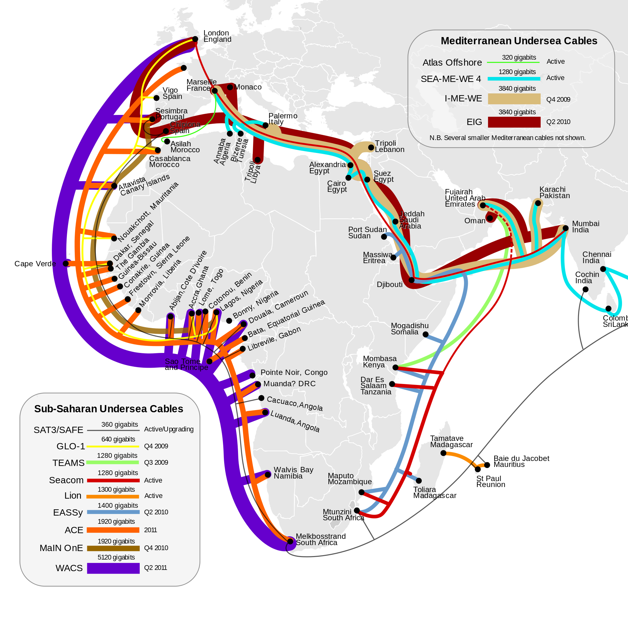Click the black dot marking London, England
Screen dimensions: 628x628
pyautogui.click(x=195, y=39)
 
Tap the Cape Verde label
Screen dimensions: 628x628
pyautogui.click(x=35, y=264)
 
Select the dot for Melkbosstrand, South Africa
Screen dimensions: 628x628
pyautogui.click(x=290, y=541)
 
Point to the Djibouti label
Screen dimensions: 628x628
pyautogui.click(x=389, y=285)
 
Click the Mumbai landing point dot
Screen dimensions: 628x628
pyautogui.click(x=566, y=228)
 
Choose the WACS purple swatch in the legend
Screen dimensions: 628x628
pyautogui.click(x=113, y=568)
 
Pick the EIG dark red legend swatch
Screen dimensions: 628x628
pyautogui.click(x=514, y=122)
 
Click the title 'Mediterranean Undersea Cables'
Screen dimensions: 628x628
pyautogui.click(x=519, y=41)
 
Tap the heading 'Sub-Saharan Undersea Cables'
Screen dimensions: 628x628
pyautogui.click(x=109, y=409)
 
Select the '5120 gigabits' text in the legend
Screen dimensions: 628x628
pyautogui.click(x=116, y=557)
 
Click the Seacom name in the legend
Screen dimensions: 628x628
pyautogui.click(x=66, y=480)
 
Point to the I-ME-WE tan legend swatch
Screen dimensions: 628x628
pyautogui.click(x=514, y=99)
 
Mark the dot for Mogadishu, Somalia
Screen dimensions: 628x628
pyautogui.click(x=425, y=334)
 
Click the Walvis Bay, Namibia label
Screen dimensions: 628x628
pyautogui.click(x=293, y=473)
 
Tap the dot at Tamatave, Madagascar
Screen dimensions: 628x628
pyautogui.click(x=443, y=453)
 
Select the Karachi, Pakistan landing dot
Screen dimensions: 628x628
pyautogui.click(x=538, y=203)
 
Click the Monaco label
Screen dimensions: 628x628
pyautogui.click(x=248, y=87)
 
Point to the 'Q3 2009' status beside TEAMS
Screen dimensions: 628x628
pyautogui.click(x=156, y=462)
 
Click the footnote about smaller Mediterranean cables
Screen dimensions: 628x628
pyautogui.click(x=507, y=138)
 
